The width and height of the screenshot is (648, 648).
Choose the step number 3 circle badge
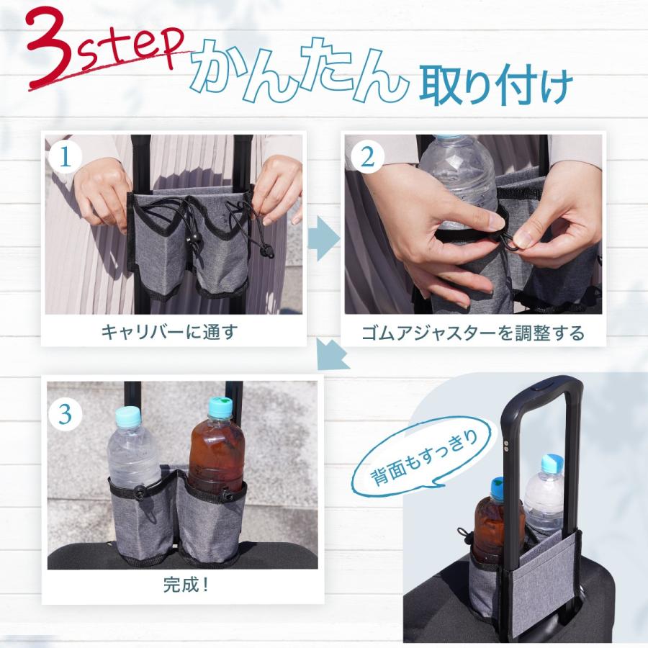(x=65, y=414)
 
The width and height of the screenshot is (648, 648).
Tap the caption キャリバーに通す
(x=168, y=332)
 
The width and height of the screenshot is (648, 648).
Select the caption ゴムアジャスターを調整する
(x=472, y=333)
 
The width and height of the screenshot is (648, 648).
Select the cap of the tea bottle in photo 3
(x=220, y=408)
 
